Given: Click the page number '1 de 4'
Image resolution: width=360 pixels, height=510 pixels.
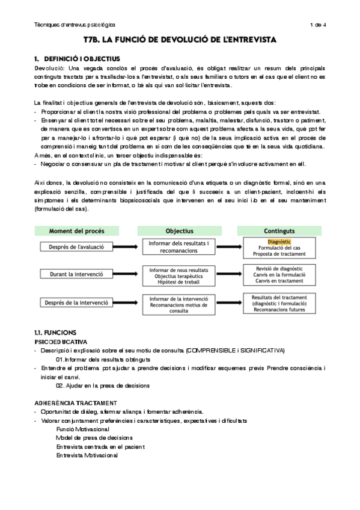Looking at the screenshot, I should click(x=317, y=25).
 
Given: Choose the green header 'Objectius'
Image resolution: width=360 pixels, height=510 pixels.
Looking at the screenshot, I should click(x=179, y=230).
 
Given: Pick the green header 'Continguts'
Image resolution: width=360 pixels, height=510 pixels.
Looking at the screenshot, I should click(x=279, y=230).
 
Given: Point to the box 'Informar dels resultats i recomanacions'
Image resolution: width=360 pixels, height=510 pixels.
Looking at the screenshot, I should click(x=179, y=246).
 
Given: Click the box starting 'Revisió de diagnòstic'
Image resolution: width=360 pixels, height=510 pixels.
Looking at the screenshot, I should click(x=279, y=274).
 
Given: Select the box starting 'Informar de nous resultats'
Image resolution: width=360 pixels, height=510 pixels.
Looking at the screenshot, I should click(x=179, y=274).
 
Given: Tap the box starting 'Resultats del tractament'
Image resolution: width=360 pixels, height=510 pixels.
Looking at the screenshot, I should click(x=279, y=303).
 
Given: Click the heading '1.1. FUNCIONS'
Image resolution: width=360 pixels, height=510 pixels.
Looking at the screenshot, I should click(x=55, y=333).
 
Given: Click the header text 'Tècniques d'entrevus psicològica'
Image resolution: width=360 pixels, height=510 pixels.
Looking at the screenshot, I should click(x=76, y=25).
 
